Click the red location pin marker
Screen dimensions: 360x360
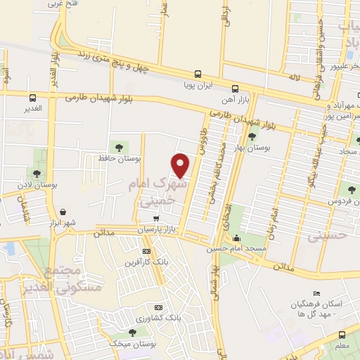tap(181, 165)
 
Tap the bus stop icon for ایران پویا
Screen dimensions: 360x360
tap(198, 74)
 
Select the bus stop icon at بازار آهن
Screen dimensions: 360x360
tap(235, 89)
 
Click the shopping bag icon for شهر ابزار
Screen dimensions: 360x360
tap(63, 212)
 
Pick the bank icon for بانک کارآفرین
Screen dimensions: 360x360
tap(146, 251)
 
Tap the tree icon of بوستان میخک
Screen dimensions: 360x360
tap(131, 333)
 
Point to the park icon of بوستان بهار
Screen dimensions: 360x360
tap(252, 136)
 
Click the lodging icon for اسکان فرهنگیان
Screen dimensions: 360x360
tap(317, 294)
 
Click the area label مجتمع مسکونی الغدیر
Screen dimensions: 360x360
tap(72, 281)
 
